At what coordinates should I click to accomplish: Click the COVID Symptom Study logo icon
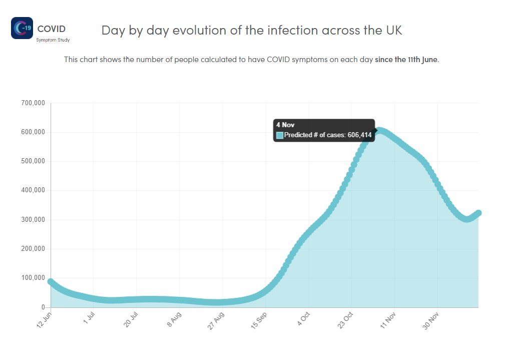[x=22, y=28]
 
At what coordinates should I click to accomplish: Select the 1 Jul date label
[x=89, y=318]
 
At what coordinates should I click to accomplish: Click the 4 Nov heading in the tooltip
[x=285, y=125]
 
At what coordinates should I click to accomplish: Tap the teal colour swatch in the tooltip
[x=280, y=135]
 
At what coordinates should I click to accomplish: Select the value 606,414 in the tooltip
[x=360, y=135]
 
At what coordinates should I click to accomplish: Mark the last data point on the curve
[x=478, y=213]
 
